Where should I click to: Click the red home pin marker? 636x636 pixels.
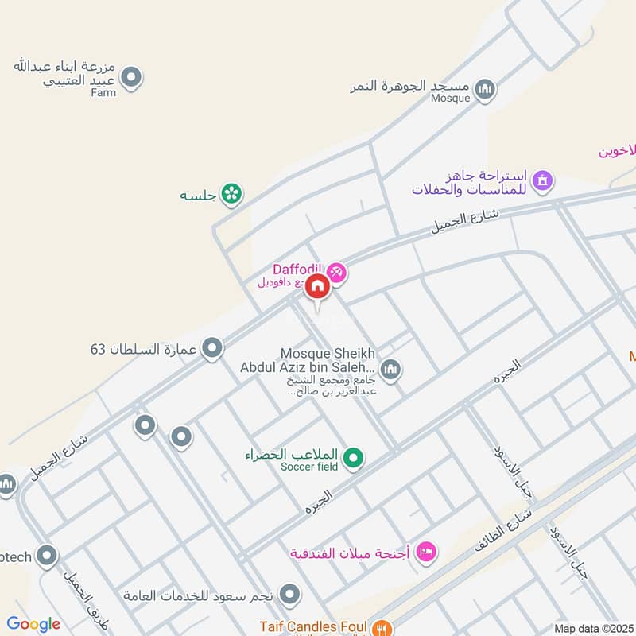click(x=316, y=285)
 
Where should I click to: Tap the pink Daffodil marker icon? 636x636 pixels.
click(x=337, y=273)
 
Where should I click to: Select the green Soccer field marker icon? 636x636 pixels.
click(x=355, y=457)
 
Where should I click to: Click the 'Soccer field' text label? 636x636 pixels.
click(x=309, y=467)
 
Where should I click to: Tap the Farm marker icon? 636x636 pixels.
click(x=132, y=77)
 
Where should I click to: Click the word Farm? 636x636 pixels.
click(x=103, y=93)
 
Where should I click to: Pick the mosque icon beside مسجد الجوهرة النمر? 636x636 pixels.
click(x=484, y=89)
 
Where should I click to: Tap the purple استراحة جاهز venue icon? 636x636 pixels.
click(x=543, y=180)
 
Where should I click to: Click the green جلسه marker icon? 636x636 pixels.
click(x=231, y=193)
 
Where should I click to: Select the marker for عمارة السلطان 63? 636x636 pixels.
click(x=211, y=348)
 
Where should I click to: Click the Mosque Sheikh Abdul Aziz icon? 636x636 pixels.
click(x=390, y=369)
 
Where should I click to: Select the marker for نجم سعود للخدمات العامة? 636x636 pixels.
click(x=290, y=593)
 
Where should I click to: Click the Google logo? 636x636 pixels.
click(x=33, y=624)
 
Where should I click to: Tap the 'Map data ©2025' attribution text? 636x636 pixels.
click(x=593, y=628)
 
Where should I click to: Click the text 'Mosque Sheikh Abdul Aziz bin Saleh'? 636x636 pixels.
click(x=307, y=360)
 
